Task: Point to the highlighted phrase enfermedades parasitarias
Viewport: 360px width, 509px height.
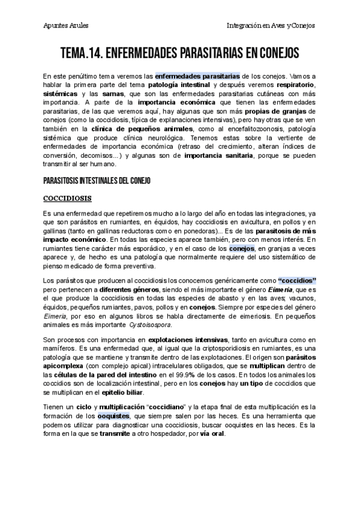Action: pos(197,76)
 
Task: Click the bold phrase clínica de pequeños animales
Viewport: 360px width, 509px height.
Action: pos(155,128)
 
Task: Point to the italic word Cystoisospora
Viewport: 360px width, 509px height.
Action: pos(149,324)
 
